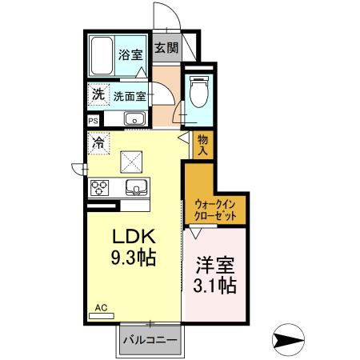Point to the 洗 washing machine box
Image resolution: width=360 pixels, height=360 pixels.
pyautogui.click(x=98, y=94)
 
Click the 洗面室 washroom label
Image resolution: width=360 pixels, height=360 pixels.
pyautogui.click(x=128, y=95)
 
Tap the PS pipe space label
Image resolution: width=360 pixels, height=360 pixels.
pyautogui.click(x=93, y=121)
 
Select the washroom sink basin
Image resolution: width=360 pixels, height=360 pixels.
pyautogui.click(x=133, y=120)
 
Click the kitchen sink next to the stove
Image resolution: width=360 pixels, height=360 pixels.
pyautogui.click(x=134, y=188)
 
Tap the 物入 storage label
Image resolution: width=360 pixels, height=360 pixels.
pyautogui.click(x=202, y=144)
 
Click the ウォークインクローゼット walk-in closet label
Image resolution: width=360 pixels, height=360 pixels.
pyautogui.click(x=216, y=210)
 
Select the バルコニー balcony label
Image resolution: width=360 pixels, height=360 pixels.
pyautogui.click(x=150, y=339)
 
